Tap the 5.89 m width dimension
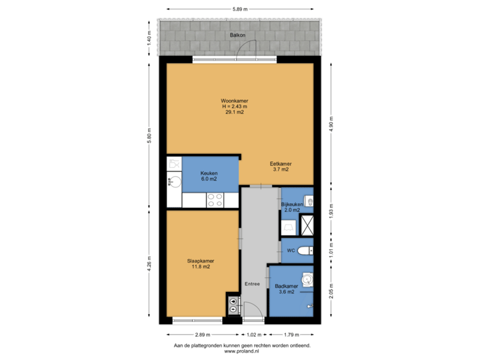tap(240, 9)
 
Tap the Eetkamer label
tap(280, 164)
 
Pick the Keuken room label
tap(209, 173)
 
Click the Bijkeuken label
tap(292, 204)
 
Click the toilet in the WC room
tap(305, 251)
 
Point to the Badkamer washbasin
tap(307, 279)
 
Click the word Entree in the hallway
tap(251, 284)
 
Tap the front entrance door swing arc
tap(253, 309)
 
